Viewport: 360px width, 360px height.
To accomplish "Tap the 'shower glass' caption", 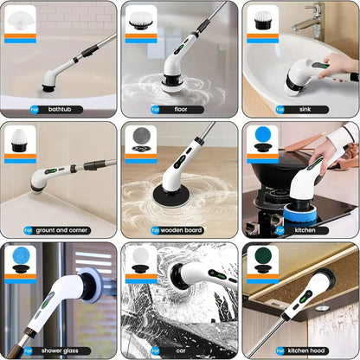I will coord(63,350).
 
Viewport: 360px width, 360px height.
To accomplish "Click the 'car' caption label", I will coord(180,350).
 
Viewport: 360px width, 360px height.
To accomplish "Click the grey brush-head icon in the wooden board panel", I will coord(140,139).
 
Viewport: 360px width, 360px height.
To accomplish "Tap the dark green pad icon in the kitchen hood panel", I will coord(261,260).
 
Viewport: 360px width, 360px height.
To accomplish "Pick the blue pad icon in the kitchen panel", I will coord(261,139).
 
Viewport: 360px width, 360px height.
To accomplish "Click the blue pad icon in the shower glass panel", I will coord(20,260).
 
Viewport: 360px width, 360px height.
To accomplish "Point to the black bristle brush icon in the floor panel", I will coord(140,20).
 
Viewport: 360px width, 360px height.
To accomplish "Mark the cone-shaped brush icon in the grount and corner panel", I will coord(20,139).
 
